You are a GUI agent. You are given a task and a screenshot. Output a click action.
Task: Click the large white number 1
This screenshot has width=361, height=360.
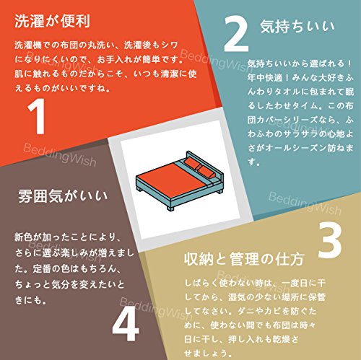click(37, 116)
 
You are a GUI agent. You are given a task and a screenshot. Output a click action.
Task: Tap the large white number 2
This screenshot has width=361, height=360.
click(236, 33)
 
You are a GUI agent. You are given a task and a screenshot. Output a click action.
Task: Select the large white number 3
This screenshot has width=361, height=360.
click(330, 240)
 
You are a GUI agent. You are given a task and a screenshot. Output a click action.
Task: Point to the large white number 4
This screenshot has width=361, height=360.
click(126, 324)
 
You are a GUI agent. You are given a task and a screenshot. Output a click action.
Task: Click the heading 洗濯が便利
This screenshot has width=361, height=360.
click(52, 21)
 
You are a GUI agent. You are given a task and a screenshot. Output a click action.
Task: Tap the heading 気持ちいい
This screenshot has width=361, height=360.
click(297, 26)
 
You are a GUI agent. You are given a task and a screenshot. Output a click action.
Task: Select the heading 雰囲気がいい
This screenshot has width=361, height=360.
click(63, 196)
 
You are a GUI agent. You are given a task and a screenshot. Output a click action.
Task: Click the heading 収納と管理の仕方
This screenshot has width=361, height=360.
click(244, 259)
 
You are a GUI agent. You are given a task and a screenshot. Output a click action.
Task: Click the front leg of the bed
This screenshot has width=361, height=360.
click(170, 208)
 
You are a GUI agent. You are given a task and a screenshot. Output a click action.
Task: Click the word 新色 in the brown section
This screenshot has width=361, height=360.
click(23, 237)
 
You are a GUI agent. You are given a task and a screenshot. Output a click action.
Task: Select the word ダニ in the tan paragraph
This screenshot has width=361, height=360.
click(246, 311)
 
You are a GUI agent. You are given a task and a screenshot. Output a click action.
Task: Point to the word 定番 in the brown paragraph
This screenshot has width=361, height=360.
click(42, 268)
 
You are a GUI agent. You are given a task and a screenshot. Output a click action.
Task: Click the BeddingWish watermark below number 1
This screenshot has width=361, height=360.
click(60, 155)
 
